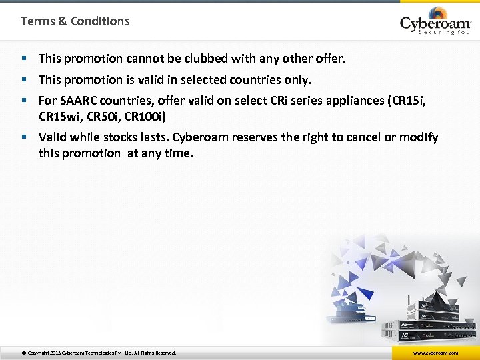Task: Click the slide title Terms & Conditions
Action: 75,21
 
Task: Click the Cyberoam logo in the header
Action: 435,23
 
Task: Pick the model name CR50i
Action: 103,115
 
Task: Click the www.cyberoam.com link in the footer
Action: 435,353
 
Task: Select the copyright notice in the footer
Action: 99,353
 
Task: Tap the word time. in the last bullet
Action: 179,153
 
